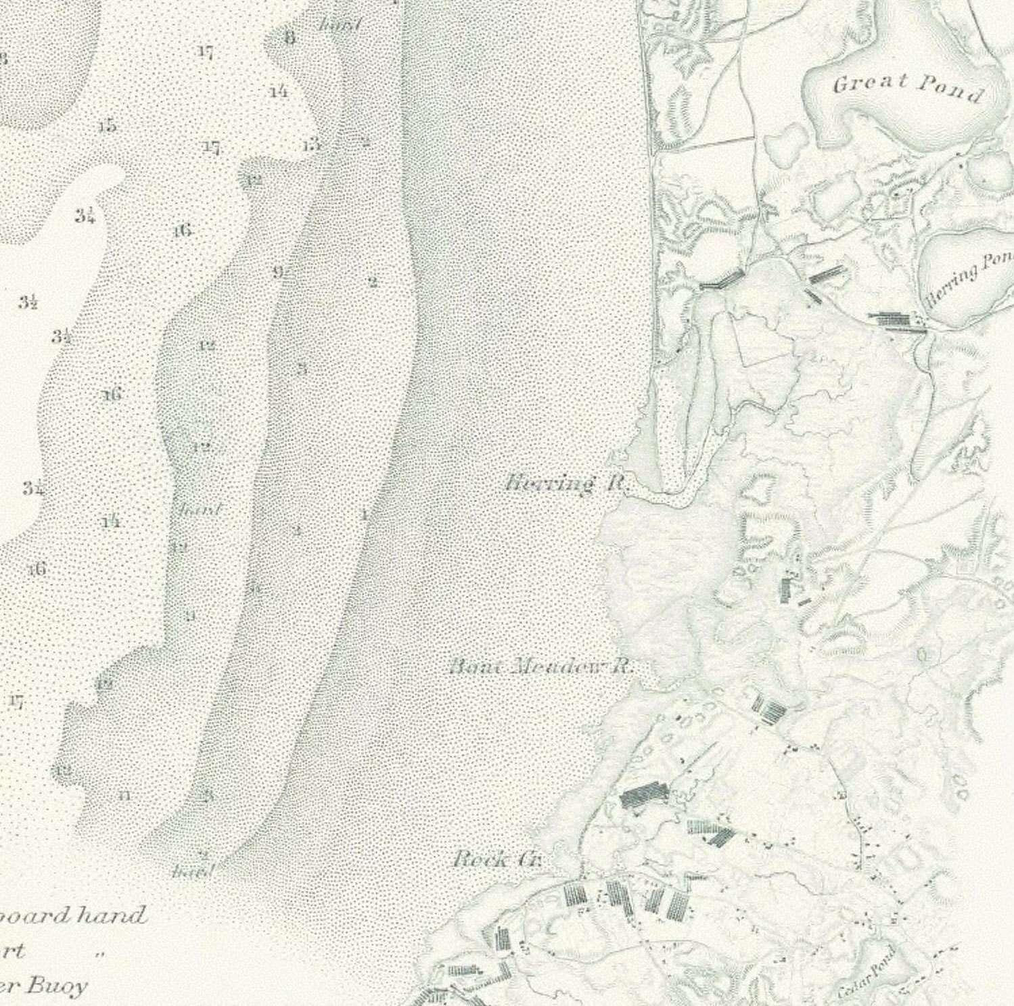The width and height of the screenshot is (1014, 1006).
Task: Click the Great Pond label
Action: (x=907, y=87)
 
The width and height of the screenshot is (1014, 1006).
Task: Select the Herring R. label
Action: (x=568, y=484)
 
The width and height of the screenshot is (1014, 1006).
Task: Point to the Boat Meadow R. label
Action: (x=541, y=667)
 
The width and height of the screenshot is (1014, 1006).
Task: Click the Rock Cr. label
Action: (x=497, y=860)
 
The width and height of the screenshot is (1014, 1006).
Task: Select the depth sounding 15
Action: (x=106, y=127)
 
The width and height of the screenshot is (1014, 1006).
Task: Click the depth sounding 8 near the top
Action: (x=290, y=37)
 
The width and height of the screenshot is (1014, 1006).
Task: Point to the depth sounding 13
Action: (x=310, y=145)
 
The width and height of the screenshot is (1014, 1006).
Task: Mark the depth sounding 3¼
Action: (x=85, y=216)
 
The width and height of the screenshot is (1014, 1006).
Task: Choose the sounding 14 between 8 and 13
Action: (x=278, y=92)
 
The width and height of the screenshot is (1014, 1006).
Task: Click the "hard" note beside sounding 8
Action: (x=340, y=26)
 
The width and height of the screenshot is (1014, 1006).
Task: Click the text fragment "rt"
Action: (x=14, y=951)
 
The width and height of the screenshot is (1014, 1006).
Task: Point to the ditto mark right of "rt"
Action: (x=101, y=955)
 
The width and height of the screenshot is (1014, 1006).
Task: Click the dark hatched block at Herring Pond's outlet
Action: (x=897, y=321)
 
